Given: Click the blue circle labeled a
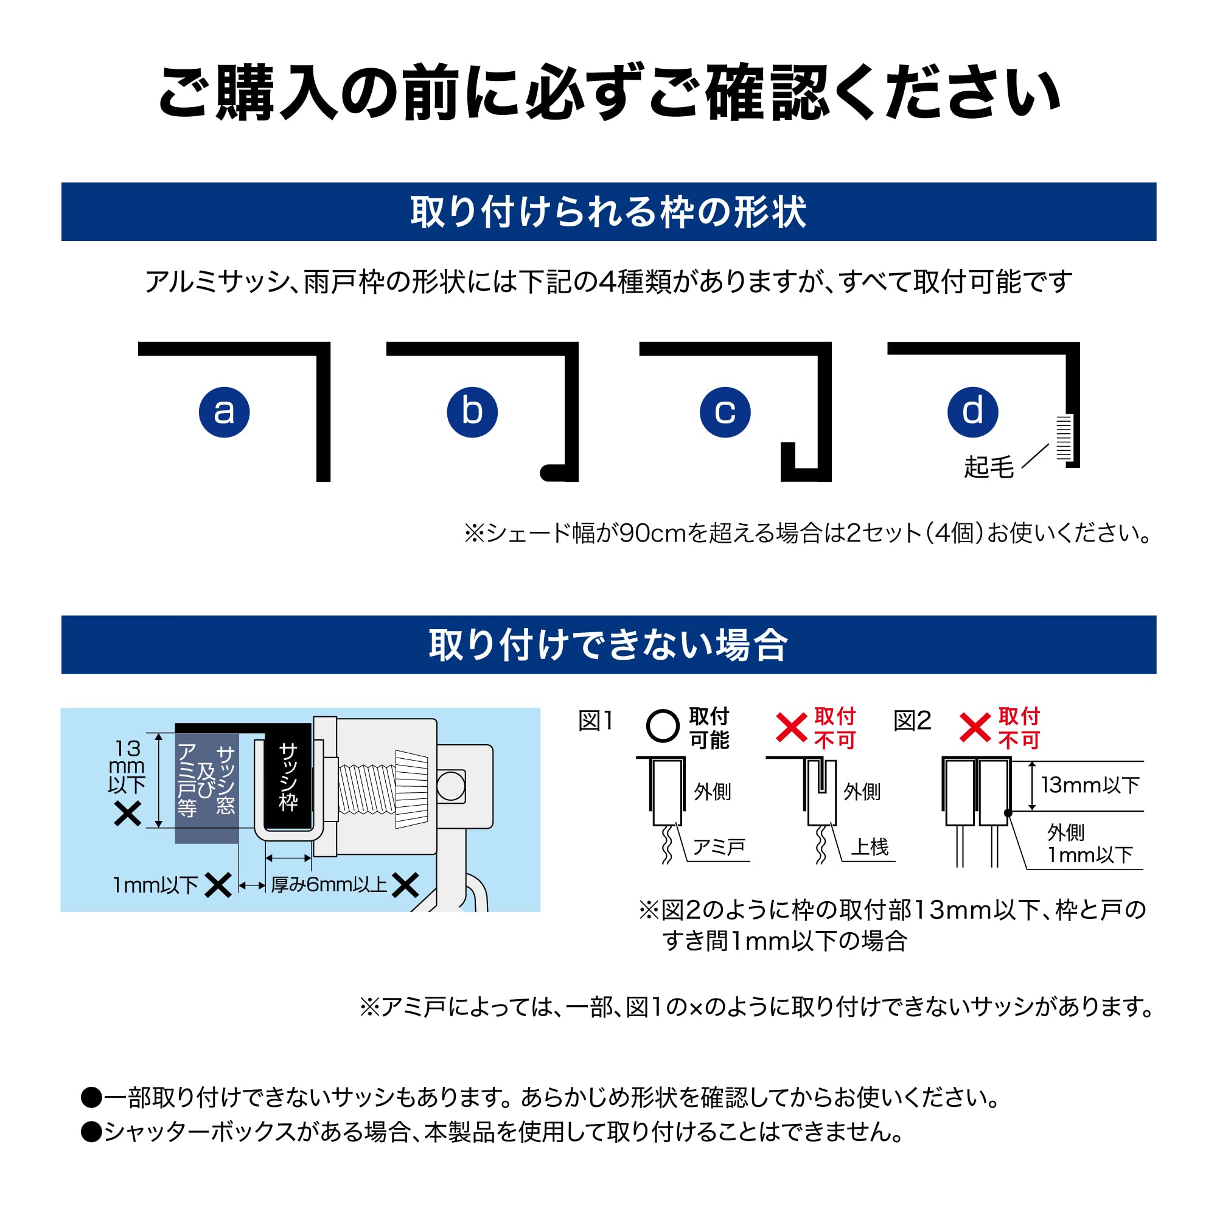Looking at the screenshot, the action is [x=225, y=412].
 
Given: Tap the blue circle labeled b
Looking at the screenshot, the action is [x=472, y=412].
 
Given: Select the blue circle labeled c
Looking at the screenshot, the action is [x=725, y=412].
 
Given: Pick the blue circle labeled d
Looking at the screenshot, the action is [x=972, y=412].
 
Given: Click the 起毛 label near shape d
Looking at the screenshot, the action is [x=989, y=467].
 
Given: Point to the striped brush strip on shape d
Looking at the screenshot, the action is [x=1064, y=438].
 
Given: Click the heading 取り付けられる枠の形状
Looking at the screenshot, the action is [x=608, y=212].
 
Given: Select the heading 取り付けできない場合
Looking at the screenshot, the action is [x=608, y=645].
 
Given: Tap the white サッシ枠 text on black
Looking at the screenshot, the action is [x=288, y=776].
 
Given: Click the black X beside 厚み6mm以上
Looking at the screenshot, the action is [x=405, y=885].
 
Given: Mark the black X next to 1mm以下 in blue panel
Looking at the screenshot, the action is [x=218, y=885].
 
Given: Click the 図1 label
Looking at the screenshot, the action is [x=595, y=721].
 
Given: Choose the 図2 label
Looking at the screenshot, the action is [x=912, y=721].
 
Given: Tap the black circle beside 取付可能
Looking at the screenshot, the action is [x=663, y=727].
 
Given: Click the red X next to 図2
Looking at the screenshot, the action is [x=975, y=728].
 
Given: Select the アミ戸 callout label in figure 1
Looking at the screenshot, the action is [x=719, y=847].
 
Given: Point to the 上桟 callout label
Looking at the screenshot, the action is [x=870, y=847].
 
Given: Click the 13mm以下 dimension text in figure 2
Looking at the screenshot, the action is [x=1090, y=785].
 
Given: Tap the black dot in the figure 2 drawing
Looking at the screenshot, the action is [x=1008, y=813].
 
